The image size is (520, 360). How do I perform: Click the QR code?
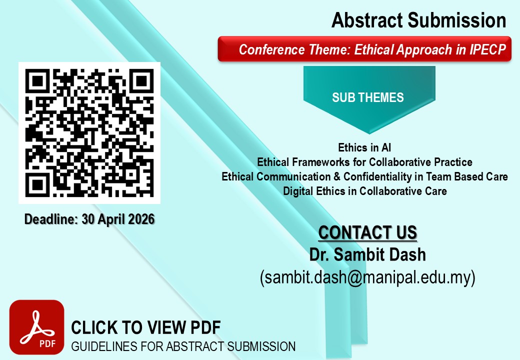89,133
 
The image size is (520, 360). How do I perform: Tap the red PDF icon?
37,327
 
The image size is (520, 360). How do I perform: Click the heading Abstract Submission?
419,20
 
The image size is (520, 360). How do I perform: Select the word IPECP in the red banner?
487,49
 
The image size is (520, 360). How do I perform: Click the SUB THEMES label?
368,97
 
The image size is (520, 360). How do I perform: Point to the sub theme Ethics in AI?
364,147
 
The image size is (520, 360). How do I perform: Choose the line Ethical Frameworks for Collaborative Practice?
365,162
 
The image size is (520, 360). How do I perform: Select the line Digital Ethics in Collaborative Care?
365,191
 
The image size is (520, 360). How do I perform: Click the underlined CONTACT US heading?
367,232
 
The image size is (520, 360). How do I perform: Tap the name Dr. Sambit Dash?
367,254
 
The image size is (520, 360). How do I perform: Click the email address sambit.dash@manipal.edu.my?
367,277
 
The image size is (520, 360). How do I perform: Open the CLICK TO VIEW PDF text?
146,327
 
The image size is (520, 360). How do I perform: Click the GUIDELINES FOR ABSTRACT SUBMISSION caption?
183,346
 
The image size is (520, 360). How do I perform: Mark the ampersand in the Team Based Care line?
337,176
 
